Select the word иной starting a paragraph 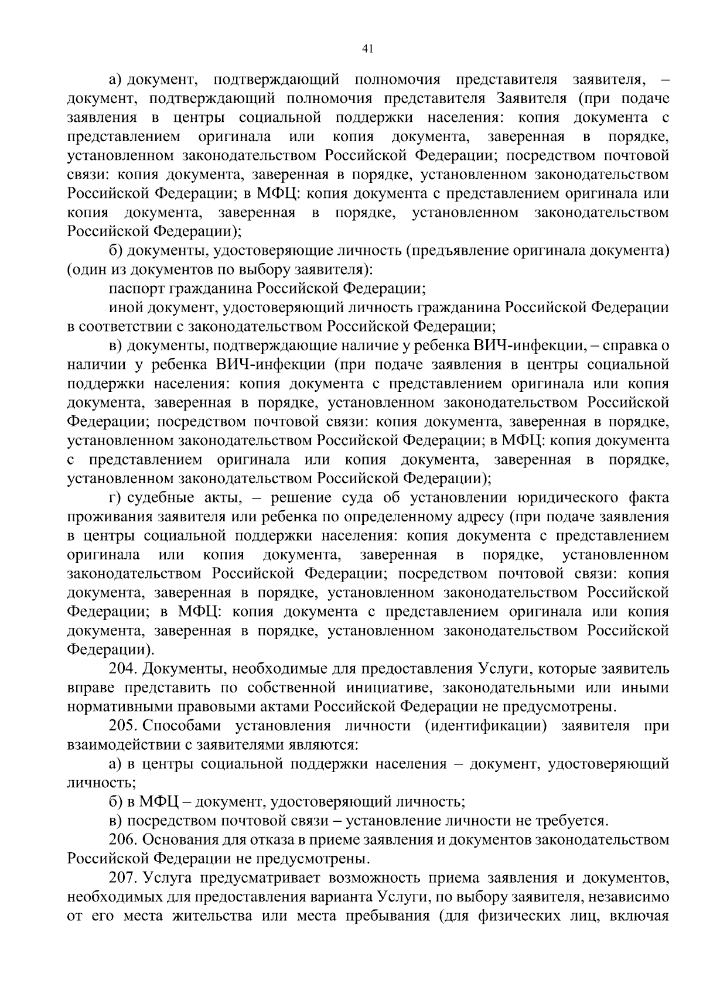pyautogui.click(x=124, y=308)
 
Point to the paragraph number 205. pyautogui.click(x=123, y=726)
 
